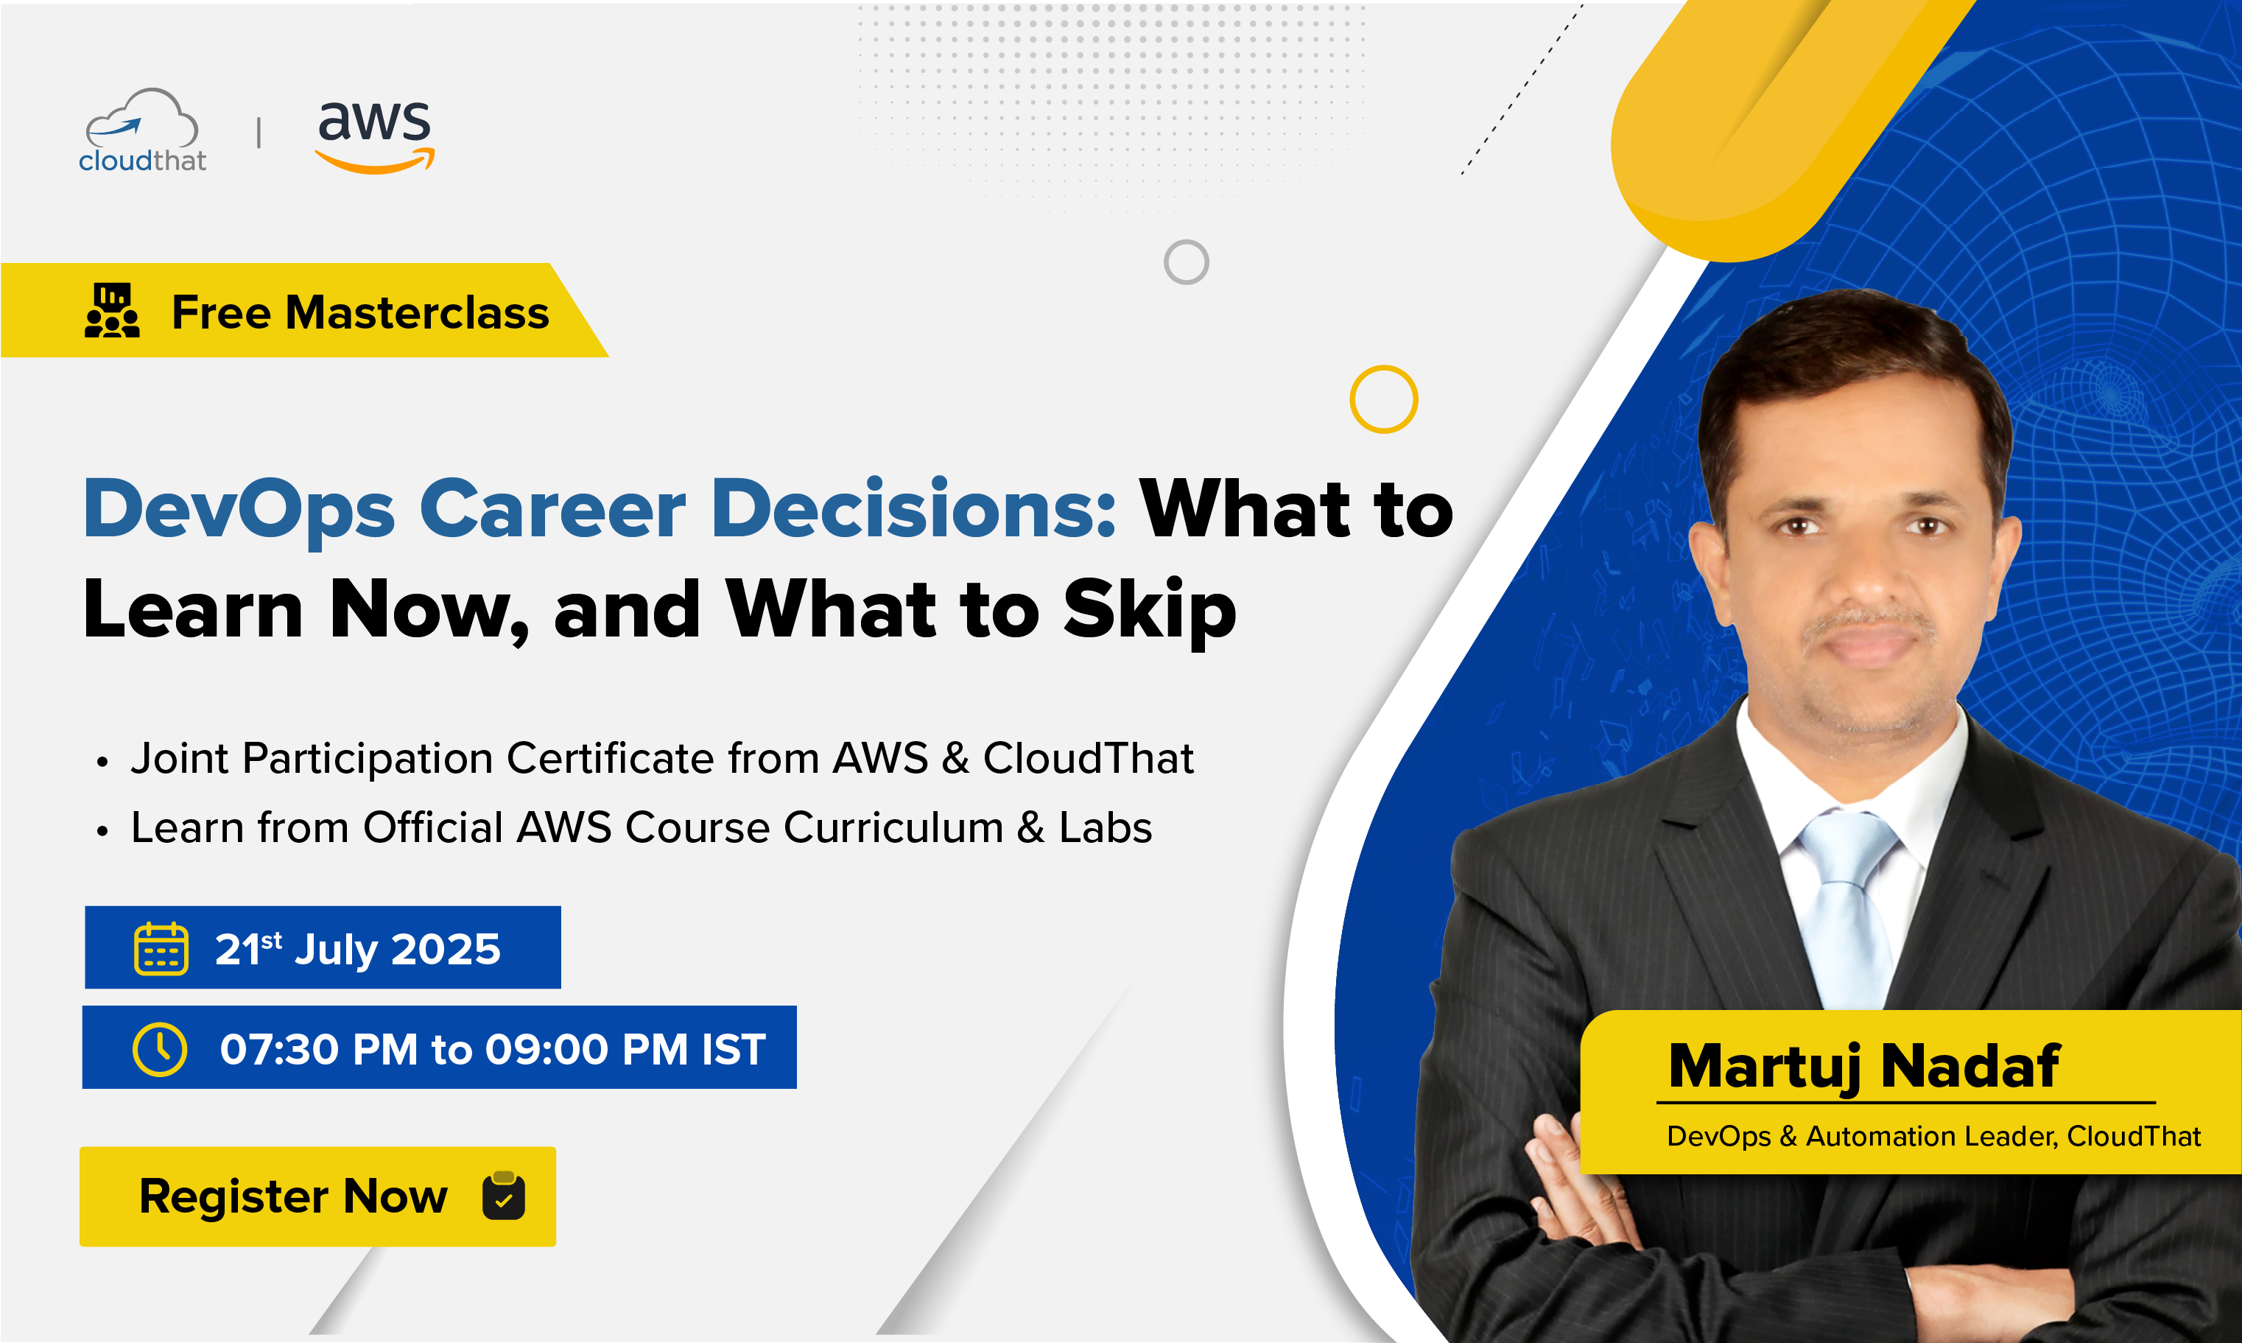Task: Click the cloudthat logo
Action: [142, 130]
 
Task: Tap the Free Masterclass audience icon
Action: [112, 310]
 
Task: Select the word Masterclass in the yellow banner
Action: [417, 312]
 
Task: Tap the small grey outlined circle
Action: [1186, 262]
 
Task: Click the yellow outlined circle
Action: [1383, 399]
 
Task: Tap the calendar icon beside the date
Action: [161, 950]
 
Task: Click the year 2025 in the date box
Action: [446, 950]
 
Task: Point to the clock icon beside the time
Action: [160, 1050]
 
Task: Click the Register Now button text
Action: [293, 1196]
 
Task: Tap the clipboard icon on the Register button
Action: [504, 1196]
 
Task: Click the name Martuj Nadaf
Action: [1864, 1066]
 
